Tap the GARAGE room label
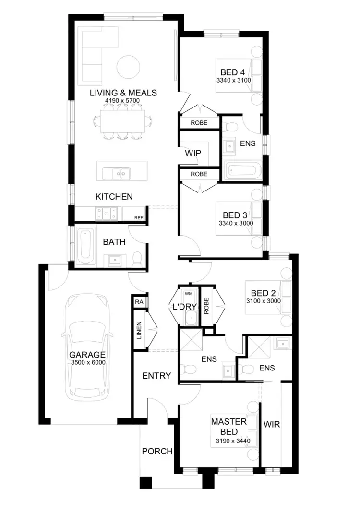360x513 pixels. click(88, 356)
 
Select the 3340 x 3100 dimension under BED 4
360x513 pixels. click(234, 80)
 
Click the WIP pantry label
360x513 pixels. click(192, 154)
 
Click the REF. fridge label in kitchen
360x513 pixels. click(139, 218)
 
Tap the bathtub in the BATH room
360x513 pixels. click(86, 245)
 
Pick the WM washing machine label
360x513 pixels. click(188, 293)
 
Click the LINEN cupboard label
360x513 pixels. click(139, 330)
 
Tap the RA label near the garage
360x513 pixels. click(139, 302)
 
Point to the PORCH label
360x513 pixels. click(157, 451)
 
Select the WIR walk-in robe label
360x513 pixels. click(272, 425)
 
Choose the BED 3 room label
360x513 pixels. click(236, 215)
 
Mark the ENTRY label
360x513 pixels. click(156, 376)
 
